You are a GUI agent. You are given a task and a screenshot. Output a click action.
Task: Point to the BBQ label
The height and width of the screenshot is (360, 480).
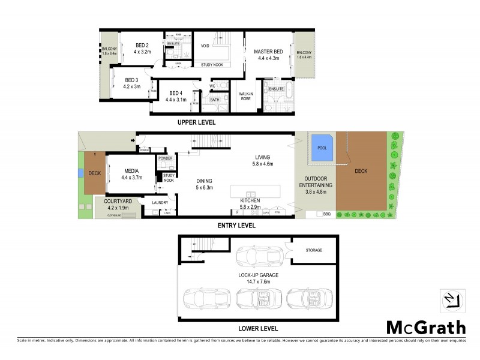point(327,214)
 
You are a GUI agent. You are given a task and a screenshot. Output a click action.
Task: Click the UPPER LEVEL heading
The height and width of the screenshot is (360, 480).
point(196,122)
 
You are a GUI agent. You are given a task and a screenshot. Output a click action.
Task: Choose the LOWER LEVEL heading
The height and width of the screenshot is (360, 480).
point(257,329)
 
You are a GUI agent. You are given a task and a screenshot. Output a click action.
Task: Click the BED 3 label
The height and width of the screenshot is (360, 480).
point(131,80)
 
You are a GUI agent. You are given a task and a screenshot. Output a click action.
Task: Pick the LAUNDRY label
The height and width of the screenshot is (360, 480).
point(160,203)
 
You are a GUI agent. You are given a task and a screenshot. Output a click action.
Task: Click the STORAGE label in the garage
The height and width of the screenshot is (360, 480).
point(313,250)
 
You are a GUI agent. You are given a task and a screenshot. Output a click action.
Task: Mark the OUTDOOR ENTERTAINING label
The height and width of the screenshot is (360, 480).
point(319,182)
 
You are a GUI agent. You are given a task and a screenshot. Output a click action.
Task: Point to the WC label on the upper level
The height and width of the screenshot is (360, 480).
point(212,86)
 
